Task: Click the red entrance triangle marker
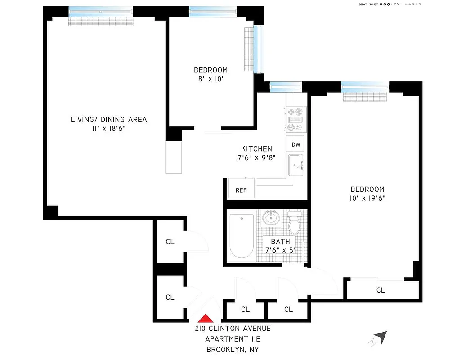[205, 318]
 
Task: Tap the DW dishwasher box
[296, 144]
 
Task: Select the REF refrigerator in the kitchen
[242, 189]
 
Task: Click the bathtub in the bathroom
[242, 236]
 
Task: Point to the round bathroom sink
[271, 219]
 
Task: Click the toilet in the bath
[295, 223]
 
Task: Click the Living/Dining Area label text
[108, 120]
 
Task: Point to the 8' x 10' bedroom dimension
[211, 79]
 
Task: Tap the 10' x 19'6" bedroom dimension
[368, 198]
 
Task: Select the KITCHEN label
[256, 149]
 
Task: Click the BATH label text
[280, 242]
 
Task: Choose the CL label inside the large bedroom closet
[381, 290]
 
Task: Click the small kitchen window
[285, 85]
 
